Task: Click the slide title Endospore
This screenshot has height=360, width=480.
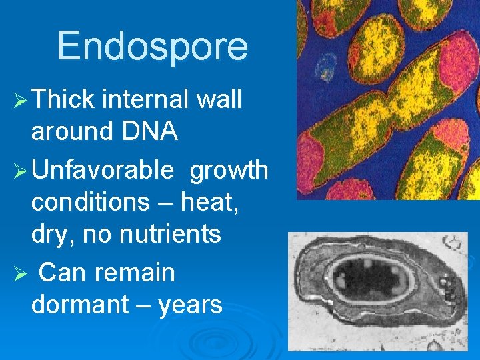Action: [x=152, y=46]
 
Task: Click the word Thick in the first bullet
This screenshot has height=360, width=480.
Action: [x=63, y=100]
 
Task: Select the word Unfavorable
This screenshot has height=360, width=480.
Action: [x=102, y=171]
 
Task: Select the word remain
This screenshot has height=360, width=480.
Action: [x=137, y=273]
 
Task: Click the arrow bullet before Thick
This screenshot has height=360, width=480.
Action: [x=21, y=101]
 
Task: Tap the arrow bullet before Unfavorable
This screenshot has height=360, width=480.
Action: [x=21, y=171]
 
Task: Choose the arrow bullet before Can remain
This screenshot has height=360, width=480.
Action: [x=21, y=273]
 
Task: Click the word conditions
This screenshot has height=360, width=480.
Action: [x=89, y=203]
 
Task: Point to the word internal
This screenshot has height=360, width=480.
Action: [x=147, y=100]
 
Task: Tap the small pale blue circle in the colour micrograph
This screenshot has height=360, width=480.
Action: [x=326, y=65]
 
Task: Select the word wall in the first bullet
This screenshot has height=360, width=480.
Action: [x=220, y=100]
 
